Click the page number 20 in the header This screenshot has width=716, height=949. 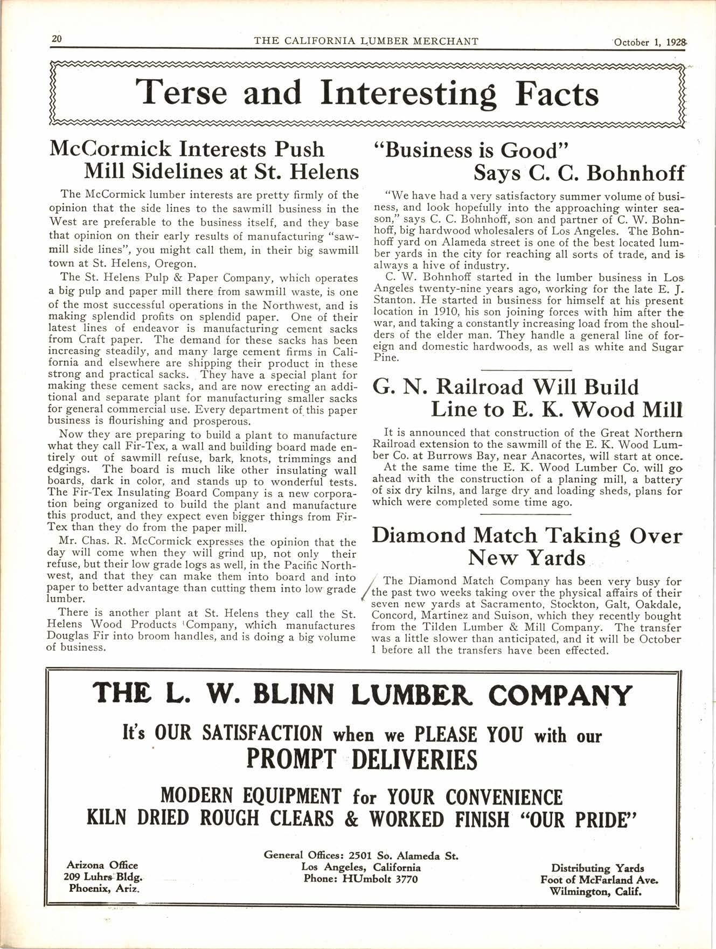pos(57,39)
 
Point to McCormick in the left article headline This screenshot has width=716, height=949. pos(110,149)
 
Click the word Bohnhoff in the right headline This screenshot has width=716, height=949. pos(635,173)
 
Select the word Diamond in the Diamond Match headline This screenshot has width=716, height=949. pos(420,535)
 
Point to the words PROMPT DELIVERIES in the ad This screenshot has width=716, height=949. pos(362,760)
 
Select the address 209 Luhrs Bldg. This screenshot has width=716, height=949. pos(103,876)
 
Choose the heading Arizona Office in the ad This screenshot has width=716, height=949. pos(101,865)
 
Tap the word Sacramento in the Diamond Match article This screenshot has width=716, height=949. pos(504,604)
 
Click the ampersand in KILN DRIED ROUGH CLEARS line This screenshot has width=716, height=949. pos(351,819)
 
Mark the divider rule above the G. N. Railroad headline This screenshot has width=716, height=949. pos(525,371)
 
